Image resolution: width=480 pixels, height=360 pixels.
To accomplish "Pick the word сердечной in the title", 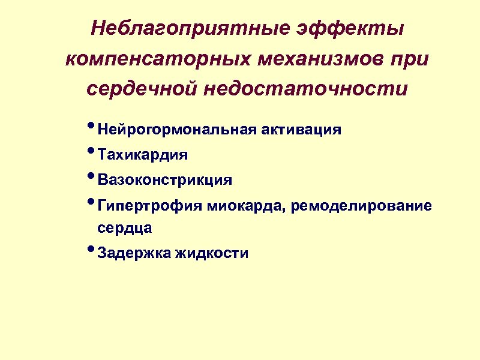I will tap(142, 89).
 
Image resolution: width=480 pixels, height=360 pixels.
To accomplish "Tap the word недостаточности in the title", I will tap(305, 89).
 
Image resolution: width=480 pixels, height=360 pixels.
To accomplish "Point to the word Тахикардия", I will tap(143, 155).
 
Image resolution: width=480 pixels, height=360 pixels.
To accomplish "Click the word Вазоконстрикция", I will tap(165, 180).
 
